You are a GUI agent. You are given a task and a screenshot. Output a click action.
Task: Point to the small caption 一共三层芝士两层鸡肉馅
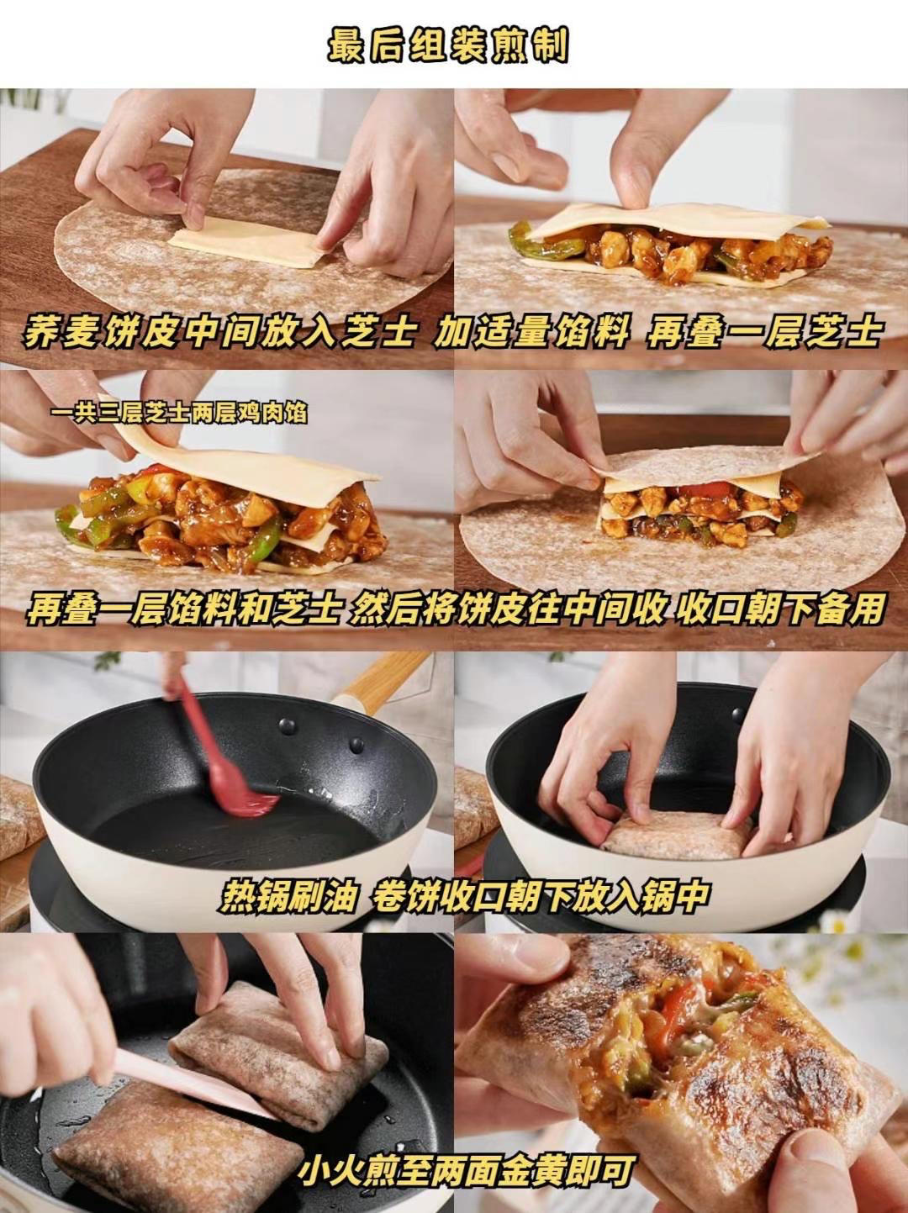pyautogui.click(x=177, y=414)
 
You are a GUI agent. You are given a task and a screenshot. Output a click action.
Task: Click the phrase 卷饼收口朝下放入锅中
pyautogui.click(x=538, y=896)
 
